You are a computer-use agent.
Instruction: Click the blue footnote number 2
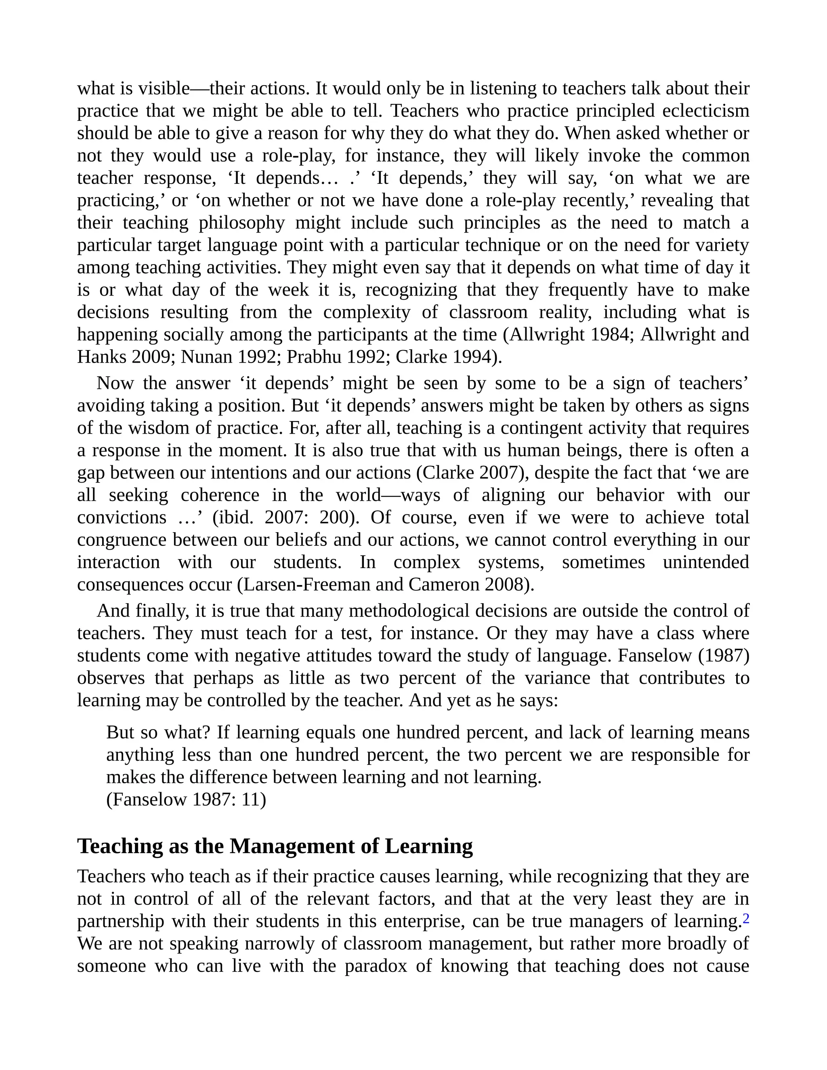coord(746,919)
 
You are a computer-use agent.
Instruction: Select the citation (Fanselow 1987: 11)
coord(186,799)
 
